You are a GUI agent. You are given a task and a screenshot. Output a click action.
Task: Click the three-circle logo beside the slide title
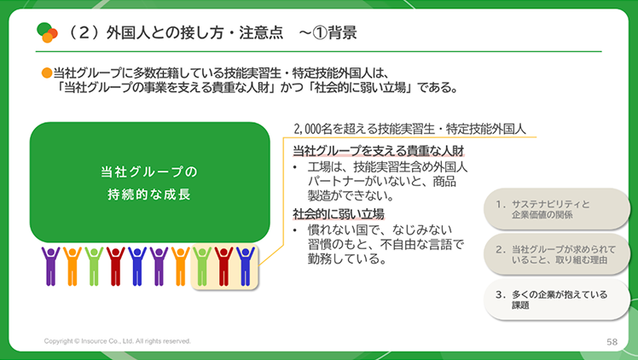click(x=47, y=32)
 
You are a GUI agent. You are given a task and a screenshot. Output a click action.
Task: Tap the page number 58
click(x=612, y=342)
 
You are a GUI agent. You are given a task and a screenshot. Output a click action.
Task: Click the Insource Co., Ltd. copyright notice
click(x=117, y=341)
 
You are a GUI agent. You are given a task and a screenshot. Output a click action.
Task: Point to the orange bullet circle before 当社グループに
click(x=47, y=73)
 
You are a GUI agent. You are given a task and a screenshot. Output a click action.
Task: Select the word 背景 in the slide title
click(x=343, y=32)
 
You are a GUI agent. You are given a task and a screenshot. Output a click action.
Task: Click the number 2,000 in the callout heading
click(x=307, y=129)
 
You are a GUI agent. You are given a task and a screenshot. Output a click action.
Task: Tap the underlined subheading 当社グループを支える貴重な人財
click(x=379, y=151)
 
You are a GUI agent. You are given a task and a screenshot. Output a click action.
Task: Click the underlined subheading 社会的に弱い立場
click(x=339, y=214)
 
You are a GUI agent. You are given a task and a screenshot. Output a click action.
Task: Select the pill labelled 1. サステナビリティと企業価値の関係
click(x=556, y=209)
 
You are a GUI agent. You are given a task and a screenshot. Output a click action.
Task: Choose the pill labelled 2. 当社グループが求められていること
click(x=556, y=254)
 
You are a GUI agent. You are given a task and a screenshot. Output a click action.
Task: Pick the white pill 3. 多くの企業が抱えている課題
click(x=556, y=299)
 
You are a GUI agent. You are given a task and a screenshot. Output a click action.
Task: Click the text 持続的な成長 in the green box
click(x=149, y=195)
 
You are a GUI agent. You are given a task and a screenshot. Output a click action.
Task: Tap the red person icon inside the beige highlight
click(x=223, y=266)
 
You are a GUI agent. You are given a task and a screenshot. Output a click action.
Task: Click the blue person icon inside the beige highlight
click(x=246, y=266)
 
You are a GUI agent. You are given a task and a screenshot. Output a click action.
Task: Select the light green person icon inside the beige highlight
click(x=202, y=266)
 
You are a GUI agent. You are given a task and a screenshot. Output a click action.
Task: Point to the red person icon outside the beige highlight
click(x=115, y=266)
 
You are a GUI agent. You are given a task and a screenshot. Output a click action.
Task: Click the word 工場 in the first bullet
click(x=320, y=167)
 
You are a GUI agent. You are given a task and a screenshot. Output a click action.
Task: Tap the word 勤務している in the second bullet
click(x=346, y=258)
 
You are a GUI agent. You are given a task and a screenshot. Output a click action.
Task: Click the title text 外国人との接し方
click(x=165, y=32)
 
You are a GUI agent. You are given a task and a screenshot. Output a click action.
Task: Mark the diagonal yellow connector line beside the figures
click(x=271, y=255)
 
